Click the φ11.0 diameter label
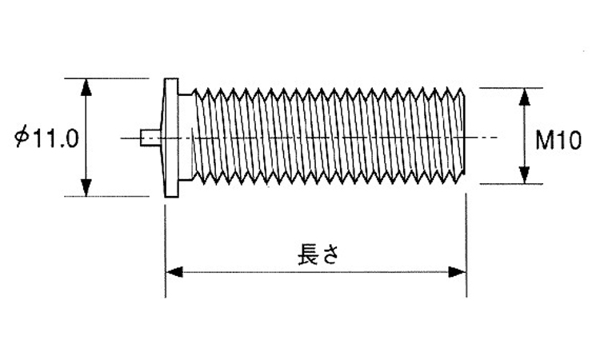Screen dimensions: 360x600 pyautogui.click(x=46, y=138)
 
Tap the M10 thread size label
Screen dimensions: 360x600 pyautogui.click(x=557, y=142)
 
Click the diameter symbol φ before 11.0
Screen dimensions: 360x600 pyautogui.click(x=22, y=138)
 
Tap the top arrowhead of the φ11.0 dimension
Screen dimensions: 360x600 pyautogui.click(x=87, y=86)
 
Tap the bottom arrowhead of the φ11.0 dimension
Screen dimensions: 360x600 pyautogui.click(x=87, y=189)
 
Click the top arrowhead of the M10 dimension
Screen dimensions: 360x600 pyautogui.click(x=524, y=96)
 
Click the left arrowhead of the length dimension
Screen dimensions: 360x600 pyautogui.click(x=174, y=273)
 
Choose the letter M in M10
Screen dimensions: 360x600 pyautogui.click(x=545, y=142)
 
